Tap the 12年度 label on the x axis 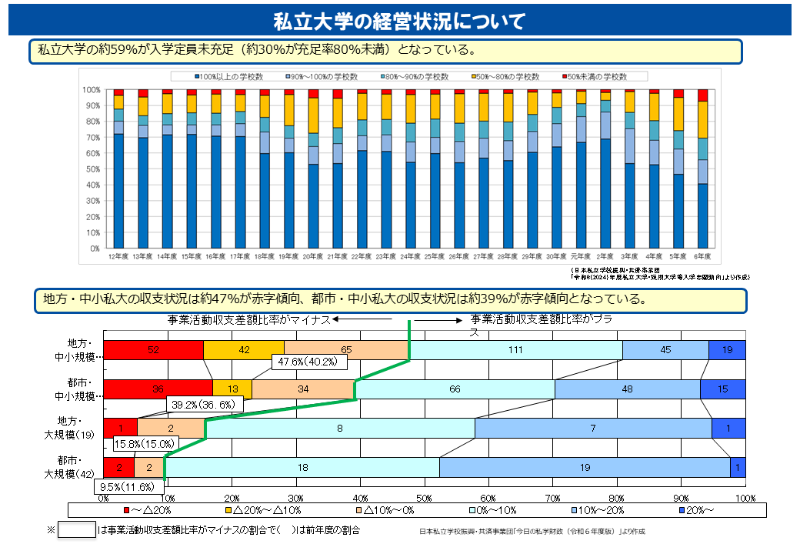coord(118,255)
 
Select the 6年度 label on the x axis coord(702,255)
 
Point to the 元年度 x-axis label coord(580,255)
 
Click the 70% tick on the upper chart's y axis coord(92,138)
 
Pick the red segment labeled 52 coord(154,350)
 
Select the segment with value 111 coord(515,350)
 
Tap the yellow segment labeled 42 coord(244,350)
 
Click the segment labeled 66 coord(455,389)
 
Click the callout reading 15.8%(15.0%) coord(145,444)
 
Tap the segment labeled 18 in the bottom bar coord(302,468)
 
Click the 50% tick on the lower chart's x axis coord(425,498)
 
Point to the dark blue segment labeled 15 coord(722,389)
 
